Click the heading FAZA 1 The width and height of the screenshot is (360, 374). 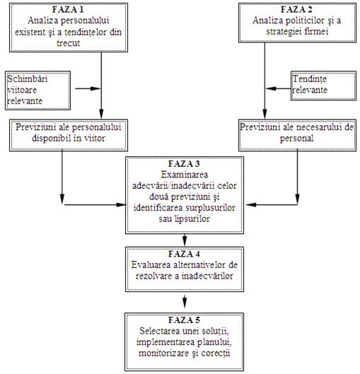[68, 9]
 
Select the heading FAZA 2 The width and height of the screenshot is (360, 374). [296, 9]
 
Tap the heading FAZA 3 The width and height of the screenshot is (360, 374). [184, 163]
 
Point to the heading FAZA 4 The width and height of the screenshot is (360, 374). [184, 254]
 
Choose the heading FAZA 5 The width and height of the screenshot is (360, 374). [184, 320]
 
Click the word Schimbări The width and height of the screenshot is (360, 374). [27, 78]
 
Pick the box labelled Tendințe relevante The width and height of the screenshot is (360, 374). [323, 86]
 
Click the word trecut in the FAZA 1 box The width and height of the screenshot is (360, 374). [68, 43]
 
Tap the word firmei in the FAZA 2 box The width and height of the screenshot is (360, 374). [317, 32]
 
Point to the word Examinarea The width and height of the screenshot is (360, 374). [185, 175]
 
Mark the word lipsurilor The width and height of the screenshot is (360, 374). [192, 218]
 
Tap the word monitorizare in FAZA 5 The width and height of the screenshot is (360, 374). [163, 353]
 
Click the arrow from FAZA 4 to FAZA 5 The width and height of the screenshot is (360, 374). [185, 301]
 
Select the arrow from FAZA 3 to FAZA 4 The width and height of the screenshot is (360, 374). [185, 240]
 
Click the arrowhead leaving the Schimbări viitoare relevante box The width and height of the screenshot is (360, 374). [96, 89]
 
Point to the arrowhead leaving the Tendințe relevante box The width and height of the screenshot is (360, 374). [271, 89]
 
